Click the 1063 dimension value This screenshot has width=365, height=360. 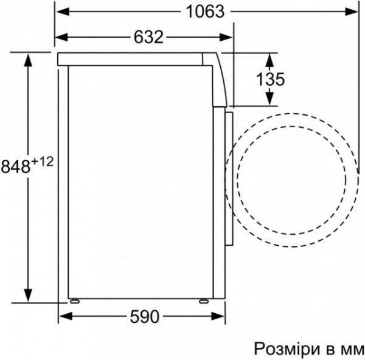tap(204, 12)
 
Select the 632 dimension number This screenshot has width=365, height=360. tap(148, 38)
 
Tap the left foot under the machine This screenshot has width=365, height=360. tap(74, 300)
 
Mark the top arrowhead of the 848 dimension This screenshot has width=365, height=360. tap(27, 59)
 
